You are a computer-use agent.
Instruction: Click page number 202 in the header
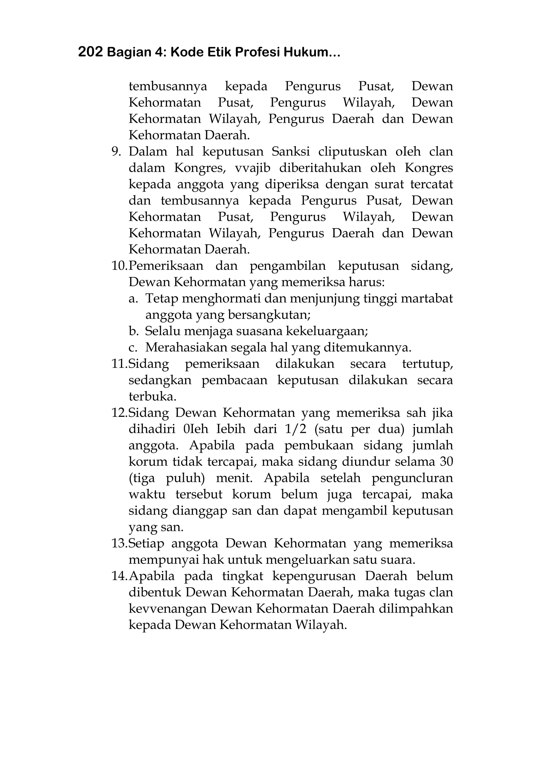[90, 52]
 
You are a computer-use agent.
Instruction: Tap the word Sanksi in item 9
[291, 152]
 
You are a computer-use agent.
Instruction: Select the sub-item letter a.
[133, 298]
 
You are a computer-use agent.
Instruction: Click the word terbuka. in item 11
[153, 396]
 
